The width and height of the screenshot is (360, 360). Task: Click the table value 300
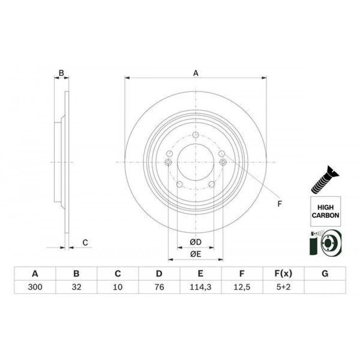pos(35,287)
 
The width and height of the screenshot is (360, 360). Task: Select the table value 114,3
pos(201,287)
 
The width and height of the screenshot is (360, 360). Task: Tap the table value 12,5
pos(242,287)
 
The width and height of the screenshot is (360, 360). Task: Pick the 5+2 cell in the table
pos(283,287)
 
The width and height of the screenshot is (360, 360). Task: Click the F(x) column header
pos(283,274)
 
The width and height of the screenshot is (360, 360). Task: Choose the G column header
pos(325,274)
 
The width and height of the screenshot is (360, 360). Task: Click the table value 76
pos(159,287)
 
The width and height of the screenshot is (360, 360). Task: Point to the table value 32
pos(76,287)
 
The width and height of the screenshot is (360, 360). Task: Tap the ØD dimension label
pos(195,242)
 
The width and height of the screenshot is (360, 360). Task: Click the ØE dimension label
pos(195,254)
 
